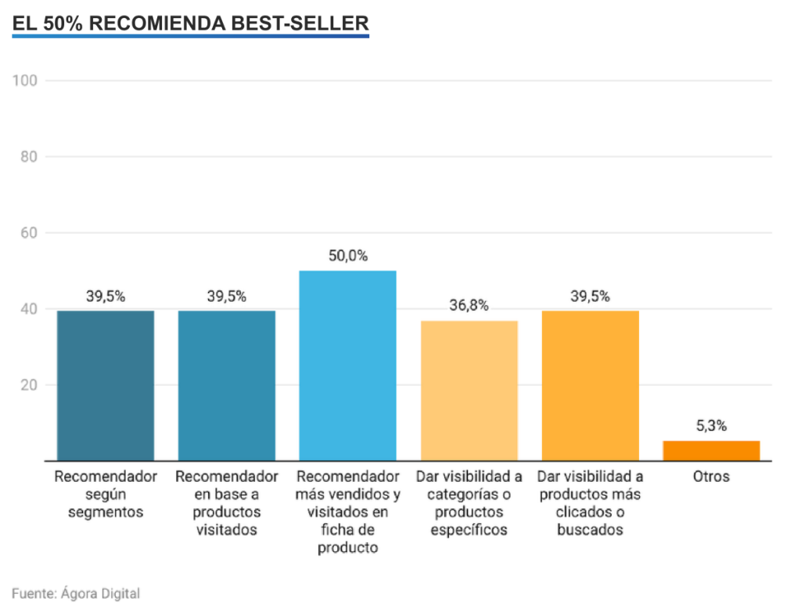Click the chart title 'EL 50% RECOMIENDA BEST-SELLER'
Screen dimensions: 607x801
[190, 23]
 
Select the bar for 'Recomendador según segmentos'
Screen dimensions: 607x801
[106, 386]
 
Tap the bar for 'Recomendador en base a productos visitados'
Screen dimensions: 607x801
[227, 386]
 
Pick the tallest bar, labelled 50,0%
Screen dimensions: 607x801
[347, 365]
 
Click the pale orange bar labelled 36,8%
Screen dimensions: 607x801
[469, 390]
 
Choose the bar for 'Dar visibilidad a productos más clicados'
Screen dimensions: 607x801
[590, 386]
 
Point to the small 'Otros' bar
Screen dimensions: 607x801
[711, 451]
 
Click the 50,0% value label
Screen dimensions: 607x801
[347, 256]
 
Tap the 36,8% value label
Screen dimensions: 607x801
[469, 306]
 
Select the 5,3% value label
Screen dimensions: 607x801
[711, 426]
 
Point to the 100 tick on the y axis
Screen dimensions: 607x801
[31, 81]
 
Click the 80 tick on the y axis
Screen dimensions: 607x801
[31, 156]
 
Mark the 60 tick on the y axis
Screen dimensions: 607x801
[31, 232]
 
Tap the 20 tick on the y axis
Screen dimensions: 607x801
[31, 385]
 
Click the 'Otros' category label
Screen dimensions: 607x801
[711, 476]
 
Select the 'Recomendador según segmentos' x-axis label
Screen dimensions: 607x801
[106, 494]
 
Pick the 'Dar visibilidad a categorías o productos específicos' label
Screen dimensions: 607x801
[469, 503]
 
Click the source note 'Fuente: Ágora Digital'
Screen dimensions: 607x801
[76, 593]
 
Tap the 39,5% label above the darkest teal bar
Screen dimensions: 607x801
[106, 296]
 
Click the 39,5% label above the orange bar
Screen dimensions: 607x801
[590, 296]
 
